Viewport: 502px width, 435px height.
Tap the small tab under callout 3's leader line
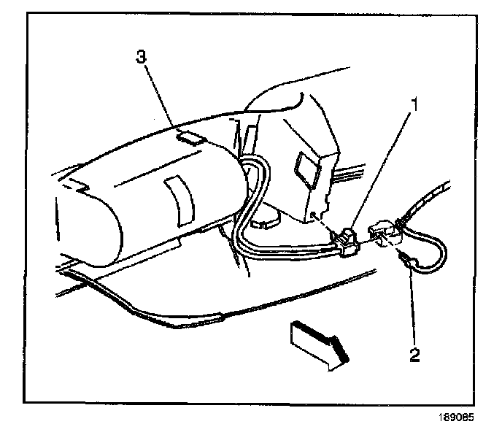192,136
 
